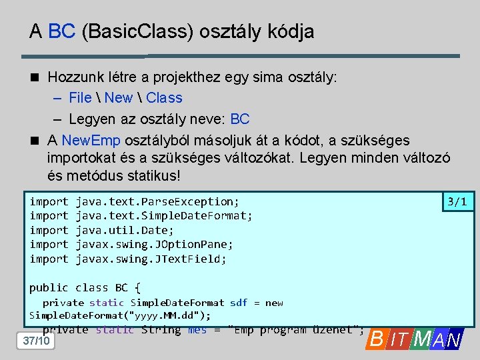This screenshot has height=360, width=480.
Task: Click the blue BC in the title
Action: [61, 31]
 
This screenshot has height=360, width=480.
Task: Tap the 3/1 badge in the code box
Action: [457, 201]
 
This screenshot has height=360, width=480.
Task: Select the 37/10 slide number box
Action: [36, 341]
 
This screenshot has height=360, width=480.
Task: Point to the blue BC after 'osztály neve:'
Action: [239, 119]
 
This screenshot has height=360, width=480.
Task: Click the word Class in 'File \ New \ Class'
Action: [164, 98]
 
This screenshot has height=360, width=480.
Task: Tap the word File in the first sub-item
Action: [80, 98]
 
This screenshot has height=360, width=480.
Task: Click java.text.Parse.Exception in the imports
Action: [157, 201]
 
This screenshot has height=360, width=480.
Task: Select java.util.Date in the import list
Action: [124, 230]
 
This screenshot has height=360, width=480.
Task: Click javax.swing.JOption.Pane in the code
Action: [154, 244]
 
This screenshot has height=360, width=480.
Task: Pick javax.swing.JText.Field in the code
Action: [151, 259]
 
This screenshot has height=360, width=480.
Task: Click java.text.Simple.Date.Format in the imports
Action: [164, 215]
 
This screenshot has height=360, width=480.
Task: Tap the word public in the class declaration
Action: [49, 287]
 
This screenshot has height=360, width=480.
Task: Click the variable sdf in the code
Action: [238, 303]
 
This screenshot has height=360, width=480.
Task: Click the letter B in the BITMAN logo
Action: [377, 340]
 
